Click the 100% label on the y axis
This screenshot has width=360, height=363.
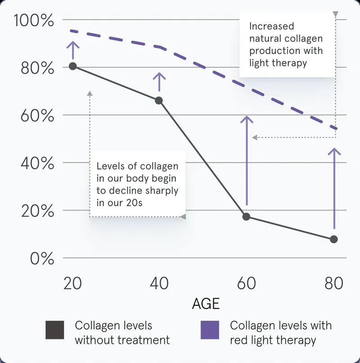(34, 20)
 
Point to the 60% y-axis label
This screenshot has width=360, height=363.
(37, 116)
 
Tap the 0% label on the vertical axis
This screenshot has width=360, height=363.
(42, 258)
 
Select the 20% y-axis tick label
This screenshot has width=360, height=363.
(37, 211)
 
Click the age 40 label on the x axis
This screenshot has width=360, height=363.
(159, 283)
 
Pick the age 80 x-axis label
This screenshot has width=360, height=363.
(334, 283)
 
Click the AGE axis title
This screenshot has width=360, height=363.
(206, 304)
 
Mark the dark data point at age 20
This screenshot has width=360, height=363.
(73, 66)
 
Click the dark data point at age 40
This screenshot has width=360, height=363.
(159, 101)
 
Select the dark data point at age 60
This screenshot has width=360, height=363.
(246, 217)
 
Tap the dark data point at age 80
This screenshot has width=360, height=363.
(334, 239)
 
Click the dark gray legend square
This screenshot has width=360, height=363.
(54, 330)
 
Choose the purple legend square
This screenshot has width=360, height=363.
(210, 330)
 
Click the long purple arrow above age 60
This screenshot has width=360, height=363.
(247, 161)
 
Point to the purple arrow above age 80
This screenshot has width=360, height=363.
(334, 188)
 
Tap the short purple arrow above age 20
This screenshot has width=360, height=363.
(73, 50)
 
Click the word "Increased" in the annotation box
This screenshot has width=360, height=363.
(271, 26)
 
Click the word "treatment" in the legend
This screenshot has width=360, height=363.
(144, 341)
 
